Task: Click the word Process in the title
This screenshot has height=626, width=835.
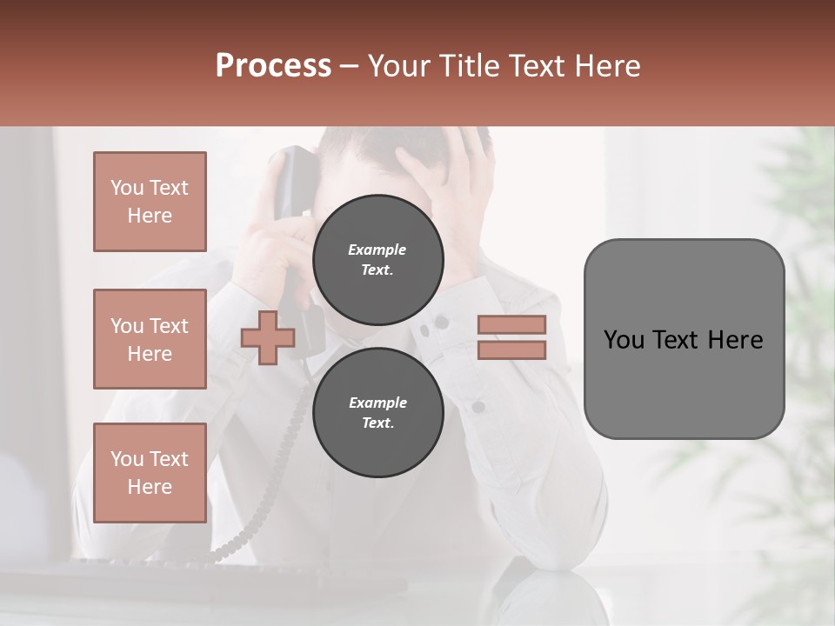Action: tap(273, 66)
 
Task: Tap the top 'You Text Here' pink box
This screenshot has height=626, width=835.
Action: tap(150, 202)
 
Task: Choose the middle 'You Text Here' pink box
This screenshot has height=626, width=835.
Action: tap(150, 339)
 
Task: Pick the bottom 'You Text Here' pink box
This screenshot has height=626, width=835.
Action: tap(150, 473)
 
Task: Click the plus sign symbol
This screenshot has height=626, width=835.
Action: tap(267, 337)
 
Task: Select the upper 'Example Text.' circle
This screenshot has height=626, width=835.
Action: tap(377, 259)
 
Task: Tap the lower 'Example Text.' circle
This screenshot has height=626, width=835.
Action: tap(377, 413)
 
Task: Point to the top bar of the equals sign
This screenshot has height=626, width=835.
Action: tap(511, 324)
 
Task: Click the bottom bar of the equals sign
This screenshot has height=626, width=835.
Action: tap(511, 350)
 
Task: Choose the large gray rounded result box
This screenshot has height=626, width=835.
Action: tap(684, 339)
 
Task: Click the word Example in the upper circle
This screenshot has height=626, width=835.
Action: tap(377, 250)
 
